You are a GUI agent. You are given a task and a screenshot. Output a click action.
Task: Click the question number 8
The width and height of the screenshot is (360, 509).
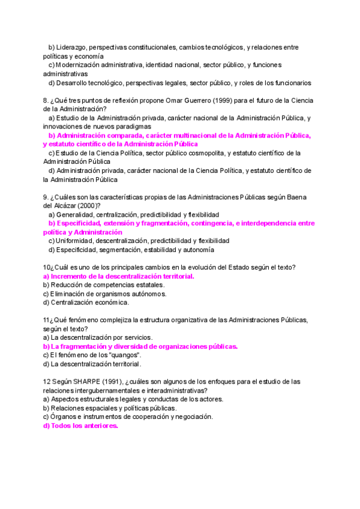(x=46, y=100)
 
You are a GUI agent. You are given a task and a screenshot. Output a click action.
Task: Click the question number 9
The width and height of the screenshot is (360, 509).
(x=46, y=197)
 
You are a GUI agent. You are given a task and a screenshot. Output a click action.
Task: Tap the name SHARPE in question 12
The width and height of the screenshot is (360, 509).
(x=83, y=382)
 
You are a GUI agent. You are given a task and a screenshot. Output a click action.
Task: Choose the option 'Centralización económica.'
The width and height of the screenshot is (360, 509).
(x=82, y=303)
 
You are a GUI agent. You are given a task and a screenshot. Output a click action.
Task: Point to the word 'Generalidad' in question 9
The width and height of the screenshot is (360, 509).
(x=75, y=214)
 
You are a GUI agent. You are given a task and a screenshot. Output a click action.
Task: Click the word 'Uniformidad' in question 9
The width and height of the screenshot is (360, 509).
(x=75, y=241)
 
